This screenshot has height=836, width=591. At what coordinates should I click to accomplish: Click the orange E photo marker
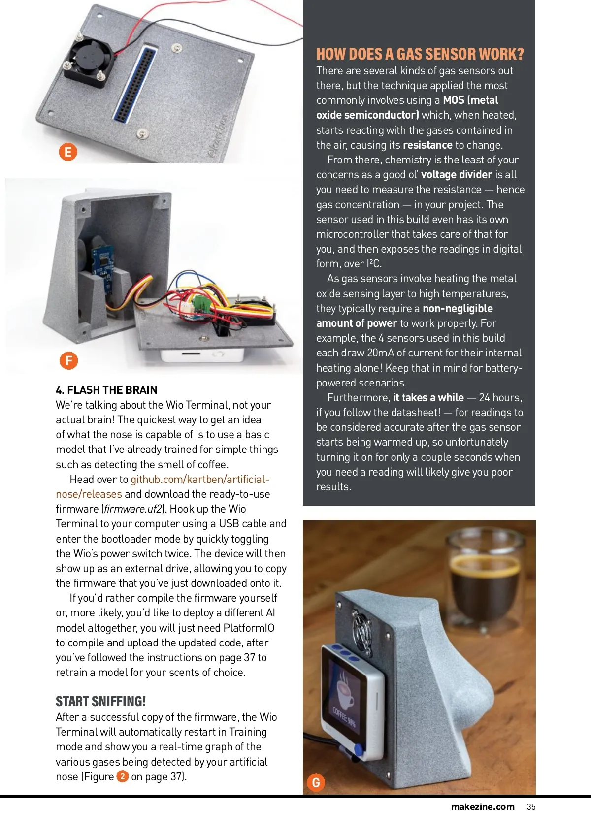click(68, 152)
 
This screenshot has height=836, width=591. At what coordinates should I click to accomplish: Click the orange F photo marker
click(69, 361)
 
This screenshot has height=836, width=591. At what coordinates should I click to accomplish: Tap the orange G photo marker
click(316, 782)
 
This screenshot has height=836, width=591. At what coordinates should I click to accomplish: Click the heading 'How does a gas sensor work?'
click(420, 54)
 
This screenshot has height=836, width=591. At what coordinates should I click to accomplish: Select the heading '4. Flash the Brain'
click(106, 390)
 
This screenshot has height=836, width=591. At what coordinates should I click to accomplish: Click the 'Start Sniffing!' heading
click(100, 701)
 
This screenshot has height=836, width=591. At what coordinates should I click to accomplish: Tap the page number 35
click(531, 807)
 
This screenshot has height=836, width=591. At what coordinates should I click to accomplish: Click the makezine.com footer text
click(483, 807)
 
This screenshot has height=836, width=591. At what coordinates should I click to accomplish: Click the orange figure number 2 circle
click(122, 776)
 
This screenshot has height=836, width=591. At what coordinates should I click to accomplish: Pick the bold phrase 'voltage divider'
click(456, 174)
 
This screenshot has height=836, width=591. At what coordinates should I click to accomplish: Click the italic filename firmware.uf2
click(133, 509)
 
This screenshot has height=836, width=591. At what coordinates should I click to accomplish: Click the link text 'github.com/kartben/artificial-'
click(199, 479)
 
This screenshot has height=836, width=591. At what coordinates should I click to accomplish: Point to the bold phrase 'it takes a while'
click(428, 397)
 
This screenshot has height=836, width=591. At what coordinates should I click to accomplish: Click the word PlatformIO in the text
click(249, 628)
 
